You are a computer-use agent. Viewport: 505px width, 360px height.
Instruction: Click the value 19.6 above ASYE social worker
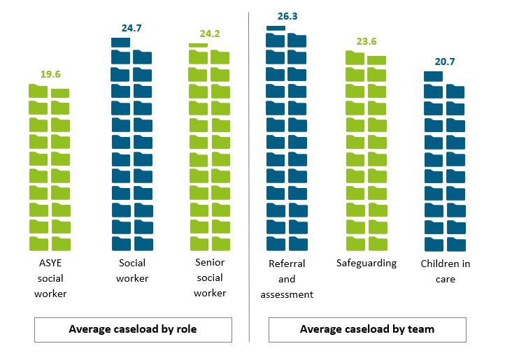50,73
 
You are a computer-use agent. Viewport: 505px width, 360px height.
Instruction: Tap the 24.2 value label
209,33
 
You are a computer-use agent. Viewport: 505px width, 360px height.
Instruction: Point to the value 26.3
287,15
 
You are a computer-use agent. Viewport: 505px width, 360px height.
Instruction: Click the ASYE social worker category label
50,279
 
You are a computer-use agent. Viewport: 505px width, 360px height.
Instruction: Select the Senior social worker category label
210,278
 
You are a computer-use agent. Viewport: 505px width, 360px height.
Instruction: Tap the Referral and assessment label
287,279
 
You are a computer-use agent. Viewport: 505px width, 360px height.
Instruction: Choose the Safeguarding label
367,263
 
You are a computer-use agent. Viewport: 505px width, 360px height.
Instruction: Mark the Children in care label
445,271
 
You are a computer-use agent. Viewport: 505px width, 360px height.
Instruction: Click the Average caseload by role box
133,329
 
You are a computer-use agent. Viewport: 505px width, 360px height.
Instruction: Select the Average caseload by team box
367,329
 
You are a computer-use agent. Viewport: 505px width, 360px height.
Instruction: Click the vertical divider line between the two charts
250,175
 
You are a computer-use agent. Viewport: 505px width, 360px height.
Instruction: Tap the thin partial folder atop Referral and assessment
276,28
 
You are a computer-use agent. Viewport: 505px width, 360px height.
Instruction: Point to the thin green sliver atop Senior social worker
199,45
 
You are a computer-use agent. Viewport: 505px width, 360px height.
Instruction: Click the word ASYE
50,264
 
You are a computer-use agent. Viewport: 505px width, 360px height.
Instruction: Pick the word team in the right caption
421,329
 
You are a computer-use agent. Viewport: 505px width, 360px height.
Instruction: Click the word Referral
287,264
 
